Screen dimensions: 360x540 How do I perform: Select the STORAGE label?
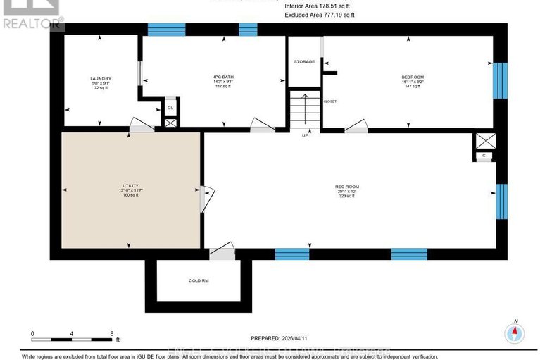point(304,62)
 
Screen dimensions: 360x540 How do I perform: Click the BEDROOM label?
point(413,77)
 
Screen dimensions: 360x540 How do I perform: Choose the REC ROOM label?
point(342,187)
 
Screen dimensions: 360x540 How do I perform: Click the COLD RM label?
point(199,280)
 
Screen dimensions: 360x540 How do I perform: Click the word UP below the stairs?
point(305,135)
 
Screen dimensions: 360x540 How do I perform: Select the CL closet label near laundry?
point(170,108)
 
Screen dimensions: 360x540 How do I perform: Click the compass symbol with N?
point(515,333)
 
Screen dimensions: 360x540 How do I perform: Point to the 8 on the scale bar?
point(111,333)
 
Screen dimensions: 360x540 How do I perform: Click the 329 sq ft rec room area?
point(342,197)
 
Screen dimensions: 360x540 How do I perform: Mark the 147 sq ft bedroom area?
point(413,87)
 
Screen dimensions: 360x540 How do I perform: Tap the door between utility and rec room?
point(203,199)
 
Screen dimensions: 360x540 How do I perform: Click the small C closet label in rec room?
point(484,156)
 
